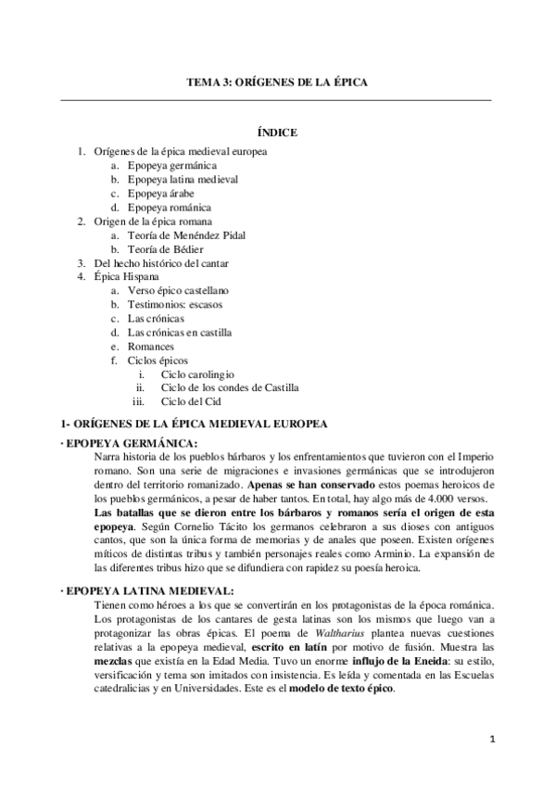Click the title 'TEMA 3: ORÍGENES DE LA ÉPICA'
click(x=277, y=82)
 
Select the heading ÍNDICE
click(x=276, y=133)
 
